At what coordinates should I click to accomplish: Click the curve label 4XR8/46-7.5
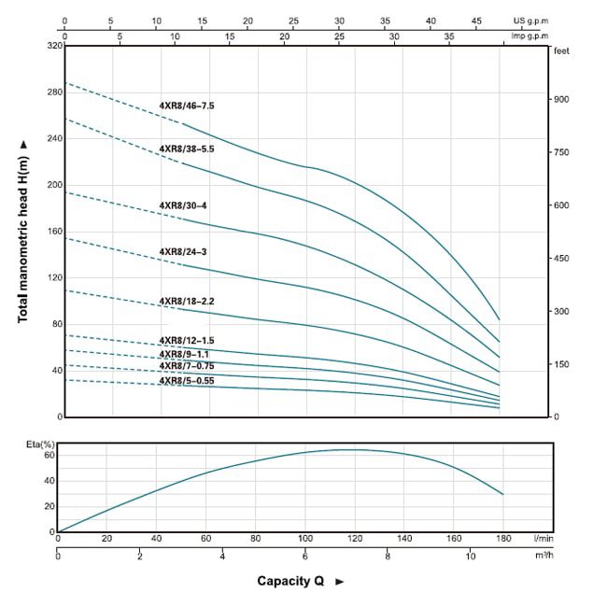click(187, 106)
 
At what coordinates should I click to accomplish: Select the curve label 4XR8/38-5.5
click(187, 148)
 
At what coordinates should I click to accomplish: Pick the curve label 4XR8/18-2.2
click(186, 302)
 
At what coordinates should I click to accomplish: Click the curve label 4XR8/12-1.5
click(186, 341)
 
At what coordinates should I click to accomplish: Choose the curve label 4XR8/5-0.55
click(186, 380)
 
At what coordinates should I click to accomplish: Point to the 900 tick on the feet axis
click(564, 99)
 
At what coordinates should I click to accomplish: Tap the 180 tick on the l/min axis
click(503, 538)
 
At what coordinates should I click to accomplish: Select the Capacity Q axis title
click(290, 581)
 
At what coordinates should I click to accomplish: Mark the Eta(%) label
click(40, 444)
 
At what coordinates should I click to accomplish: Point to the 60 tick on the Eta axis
click(48, 456)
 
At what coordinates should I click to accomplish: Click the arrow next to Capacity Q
click(339, 581)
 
